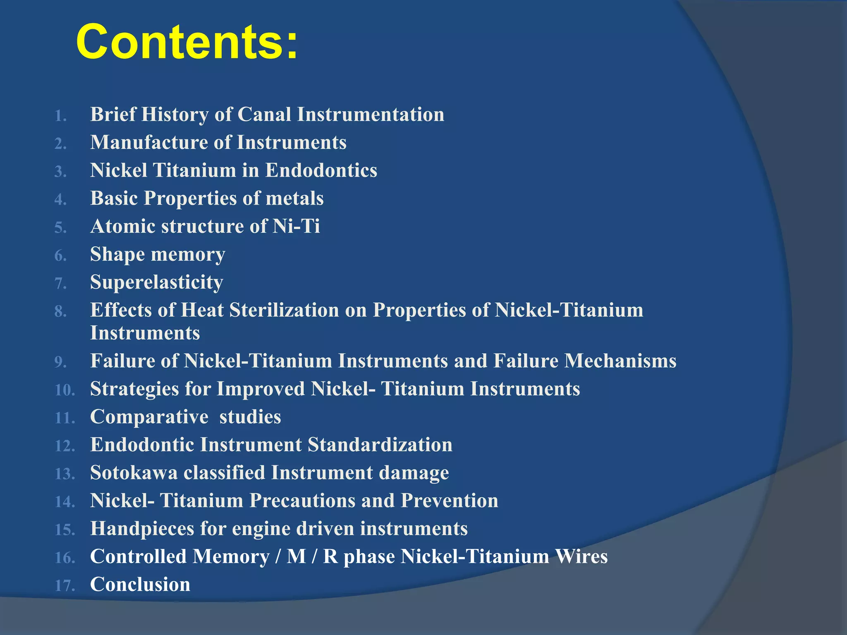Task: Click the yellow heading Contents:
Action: click(187, 42)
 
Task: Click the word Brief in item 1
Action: click(113, 115)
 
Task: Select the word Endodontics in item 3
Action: click(321, 170)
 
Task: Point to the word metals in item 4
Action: click(294, 198)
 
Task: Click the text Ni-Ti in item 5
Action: click(296, 227)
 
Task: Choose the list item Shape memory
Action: click(158, 255)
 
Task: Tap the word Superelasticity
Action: click(157, 283)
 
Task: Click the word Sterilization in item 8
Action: click(284, 310)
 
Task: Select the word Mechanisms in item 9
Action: click(620, 361)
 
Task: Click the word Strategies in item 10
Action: click(134, 389)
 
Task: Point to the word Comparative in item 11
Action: click(149, 417)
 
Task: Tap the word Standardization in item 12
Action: click(380, 445)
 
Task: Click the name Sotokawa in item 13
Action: click(134, 473)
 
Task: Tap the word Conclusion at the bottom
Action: click(140, 585)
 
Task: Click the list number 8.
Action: click(60, 312)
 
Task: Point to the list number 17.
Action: click(65, 586)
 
